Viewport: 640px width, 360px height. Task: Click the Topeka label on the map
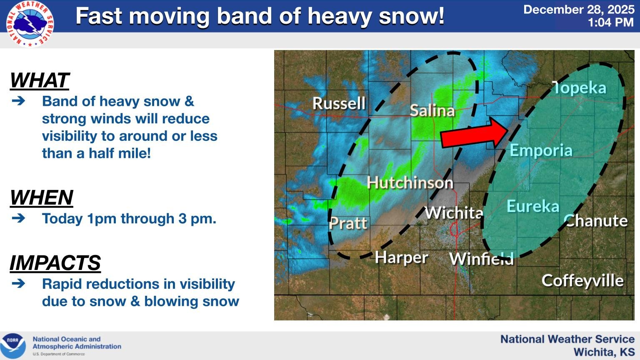click(579, 87)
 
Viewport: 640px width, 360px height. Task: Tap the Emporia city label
click(541, 150)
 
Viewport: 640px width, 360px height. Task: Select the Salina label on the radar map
click(432, 110)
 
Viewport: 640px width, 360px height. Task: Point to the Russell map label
click(339, 103)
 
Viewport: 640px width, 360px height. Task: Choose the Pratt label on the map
click(348, 223)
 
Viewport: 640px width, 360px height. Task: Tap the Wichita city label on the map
click(454, 212)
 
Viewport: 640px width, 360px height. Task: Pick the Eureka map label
click(533, 206)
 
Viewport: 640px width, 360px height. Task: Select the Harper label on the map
click(401, 258)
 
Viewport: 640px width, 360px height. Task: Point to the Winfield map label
click(481, 259)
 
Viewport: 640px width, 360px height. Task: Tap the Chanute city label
click(596, 220)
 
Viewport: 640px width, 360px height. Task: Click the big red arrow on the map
click(474, 133)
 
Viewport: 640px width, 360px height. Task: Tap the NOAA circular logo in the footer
click(13, 346)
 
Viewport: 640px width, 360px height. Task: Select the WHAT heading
click(40, 80)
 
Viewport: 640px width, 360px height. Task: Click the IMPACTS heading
click(55, 262)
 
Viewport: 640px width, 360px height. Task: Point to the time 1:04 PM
click(611, 22)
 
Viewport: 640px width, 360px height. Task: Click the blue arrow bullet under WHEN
click(19, 218)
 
